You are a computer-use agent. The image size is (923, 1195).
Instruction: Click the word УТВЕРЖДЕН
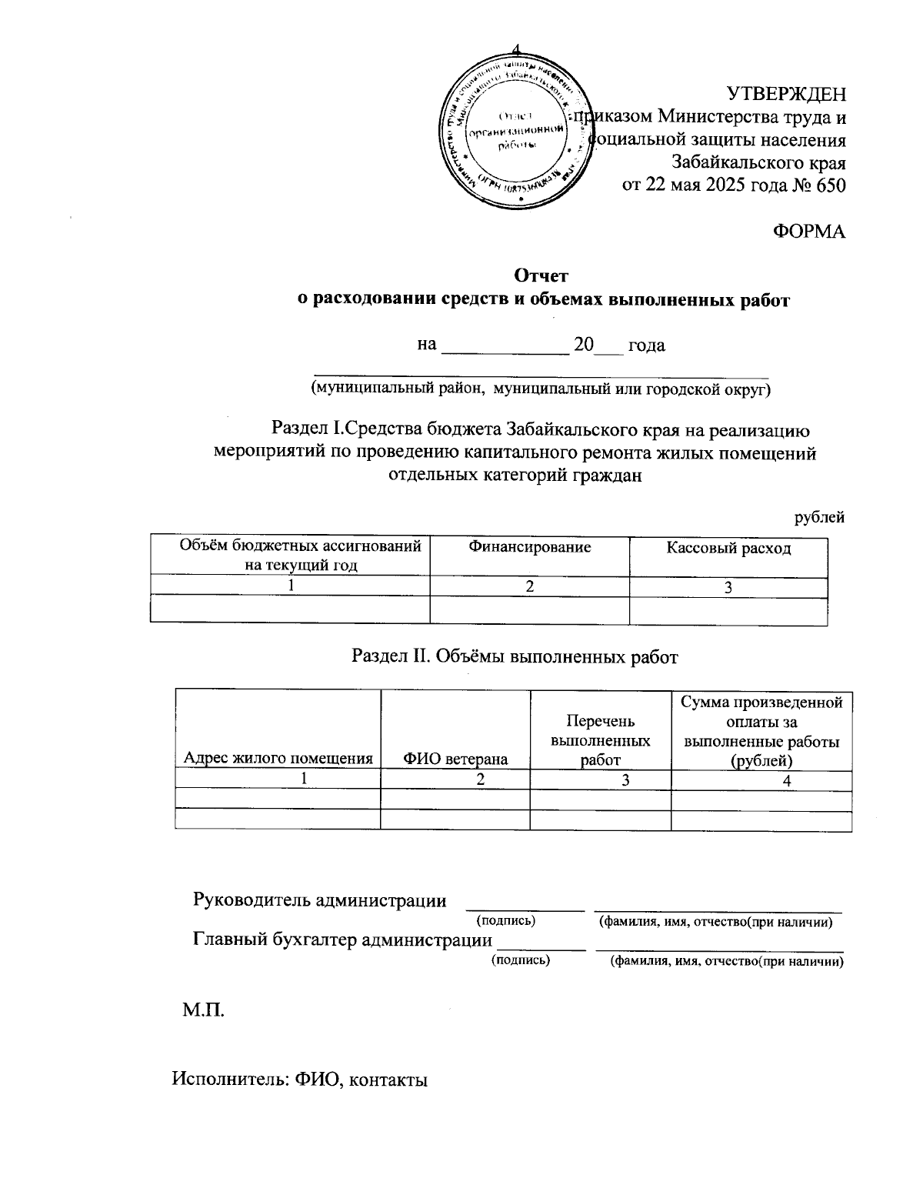point(786,94)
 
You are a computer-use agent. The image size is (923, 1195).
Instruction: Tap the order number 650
point(829,185)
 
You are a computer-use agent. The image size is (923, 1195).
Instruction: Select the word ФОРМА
point(808,232)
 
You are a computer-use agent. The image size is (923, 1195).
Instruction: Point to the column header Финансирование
point(529,547)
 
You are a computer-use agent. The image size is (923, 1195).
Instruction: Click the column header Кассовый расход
point(728,548)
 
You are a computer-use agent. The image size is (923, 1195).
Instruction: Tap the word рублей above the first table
point(819,518)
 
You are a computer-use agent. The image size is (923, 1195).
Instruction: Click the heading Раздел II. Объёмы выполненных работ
point(515,656)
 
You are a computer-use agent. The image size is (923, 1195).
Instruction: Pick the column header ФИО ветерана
point(455,759)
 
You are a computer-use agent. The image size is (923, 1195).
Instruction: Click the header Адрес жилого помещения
point(278,759)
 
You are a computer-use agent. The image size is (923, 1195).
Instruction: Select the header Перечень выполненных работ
point(600,740)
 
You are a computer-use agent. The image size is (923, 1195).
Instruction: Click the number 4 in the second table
point(786,780)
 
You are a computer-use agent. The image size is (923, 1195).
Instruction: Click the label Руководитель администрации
point(319,900)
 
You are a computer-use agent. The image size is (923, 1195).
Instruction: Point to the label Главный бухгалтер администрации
point(342,940)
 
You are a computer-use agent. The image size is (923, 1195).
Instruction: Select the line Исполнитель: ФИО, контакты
point(300,1080)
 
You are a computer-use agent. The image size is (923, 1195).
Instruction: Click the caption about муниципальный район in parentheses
point(540,389)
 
